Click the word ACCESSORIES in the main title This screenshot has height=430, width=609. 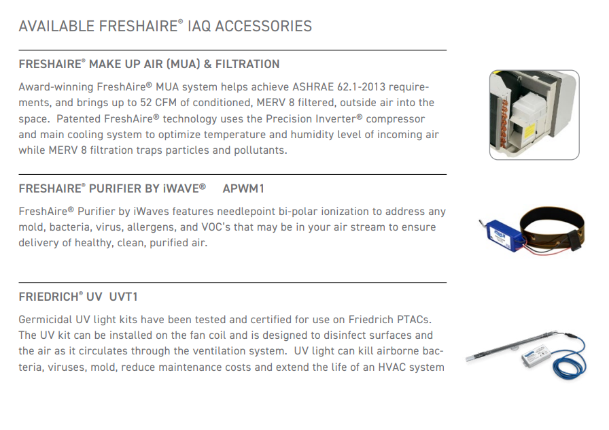coord(263,26)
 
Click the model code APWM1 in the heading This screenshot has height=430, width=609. coord(243,188)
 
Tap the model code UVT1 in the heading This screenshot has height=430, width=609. coord(124,297)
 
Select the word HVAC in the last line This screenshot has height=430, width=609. coord(392,367)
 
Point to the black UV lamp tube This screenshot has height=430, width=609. coord(512,344)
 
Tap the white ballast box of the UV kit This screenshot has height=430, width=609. coord(538,356)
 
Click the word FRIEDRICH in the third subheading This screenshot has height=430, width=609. coord(48,297)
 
